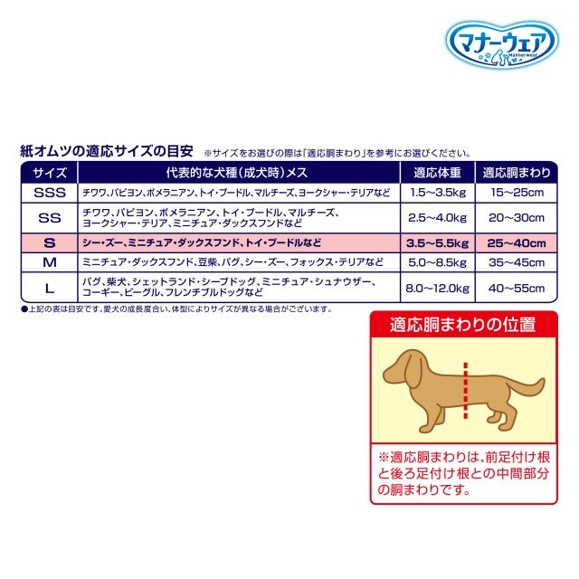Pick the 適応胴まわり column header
pyautogui.click(x=513, y=173)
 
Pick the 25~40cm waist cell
pyautogui.click(x=513, y=242)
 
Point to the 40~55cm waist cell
pyautogui.click(x=513, y=288)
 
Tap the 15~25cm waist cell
pyautogui.click(x=513, y=193)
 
